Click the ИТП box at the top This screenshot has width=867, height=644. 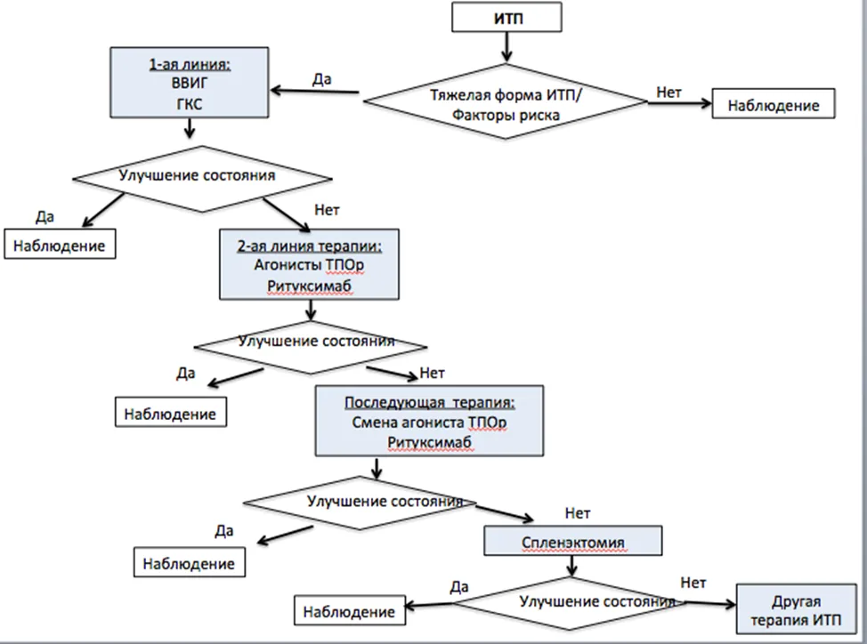[x=507, y=17]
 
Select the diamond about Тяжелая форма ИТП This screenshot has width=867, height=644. [x=505, y=101]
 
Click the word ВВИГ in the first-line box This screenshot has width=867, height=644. [x=190, y=84]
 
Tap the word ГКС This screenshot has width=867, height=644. [x=190, y=104]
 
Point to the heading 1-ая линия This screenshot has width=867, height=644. [x=190, y=65]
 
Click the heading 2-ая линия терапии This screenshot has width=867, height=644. [x=309, y=246]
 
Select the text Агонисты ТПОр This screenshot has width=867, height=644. [x=309, y=266]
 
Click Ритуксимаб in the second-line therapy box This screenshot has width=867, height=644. [x=309, y=286]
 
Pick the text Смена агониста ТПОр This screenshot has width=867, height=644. [x=429, y=423]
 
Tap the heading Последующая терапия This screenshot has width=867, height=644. [x=429, y=403]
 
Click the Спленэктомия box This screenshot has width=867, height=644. [x=573, y=541]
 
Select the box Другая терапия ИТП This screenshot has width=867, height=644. [x=796, y=609]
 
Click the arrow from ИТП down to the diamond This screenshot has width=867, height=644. [x=506, y=46]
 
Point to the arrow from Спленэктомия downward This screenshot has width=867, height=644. [x=571, y=566]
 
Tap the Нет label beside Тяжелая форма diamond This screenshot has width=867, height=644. [x=668, y=93]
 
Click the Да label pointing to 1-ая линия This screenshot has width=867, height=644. [x=322, y=79]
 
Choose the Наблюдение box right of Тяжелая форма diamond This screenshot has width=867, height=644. [x=773, y=103]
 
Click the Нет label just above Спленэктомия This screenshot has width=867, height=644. [x=578, y=513]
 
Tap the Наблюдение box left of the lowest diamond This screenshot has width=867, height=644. [x=350, y=610]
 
